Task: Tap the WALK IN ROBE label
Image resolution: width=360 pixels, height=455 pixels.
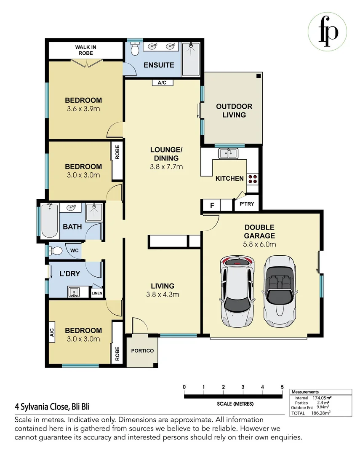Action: coord(85,50)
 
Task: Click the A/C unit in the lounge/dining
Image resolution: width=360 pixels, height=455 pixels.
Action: coord(162,83)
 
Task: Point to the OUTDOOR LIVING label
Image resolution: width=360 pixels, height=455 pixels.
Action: coord(234,110)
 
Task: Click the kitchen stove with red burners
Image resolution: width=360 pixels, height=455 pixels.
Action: coord(253,179)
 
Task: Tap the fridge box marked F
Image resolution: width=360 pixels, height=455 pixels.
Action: coord(212,206)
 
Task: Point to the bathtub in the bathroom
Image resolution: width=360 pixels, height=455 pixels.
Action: coord(50,221)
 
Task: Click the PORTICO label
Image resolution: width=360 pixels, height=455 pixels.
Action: coord(142,351)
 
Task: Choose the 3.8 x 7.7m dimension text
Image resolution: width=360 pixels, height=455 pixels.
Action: coord(167,167)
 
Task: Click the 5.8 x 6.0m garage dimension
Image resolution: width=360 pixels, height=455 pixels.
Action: coord(259,244)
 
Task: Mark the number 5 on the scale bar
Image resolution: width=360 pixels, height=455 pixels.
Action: coord(282,387)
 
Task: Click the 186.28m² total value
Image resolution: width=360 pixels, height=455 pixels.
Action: coord(321,413)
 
